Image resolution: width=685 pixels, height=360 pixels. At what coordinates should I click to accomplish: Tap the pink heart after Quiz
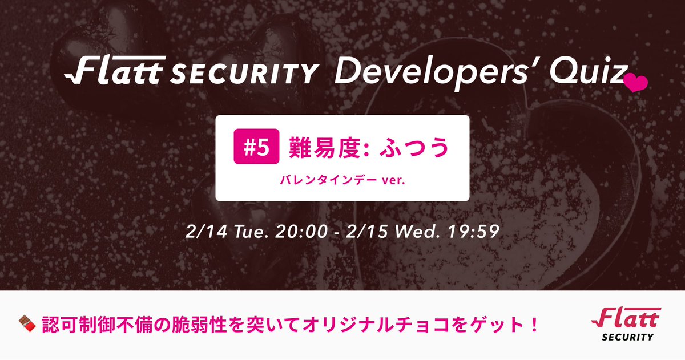click(635, 83)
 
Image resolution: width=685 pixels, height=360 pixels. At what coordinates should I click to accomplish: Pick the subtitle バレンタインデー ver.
click(342, 181)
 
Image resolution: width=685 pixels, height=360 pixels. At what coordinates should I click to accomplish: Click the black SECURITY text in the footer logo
click(627, 337)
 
